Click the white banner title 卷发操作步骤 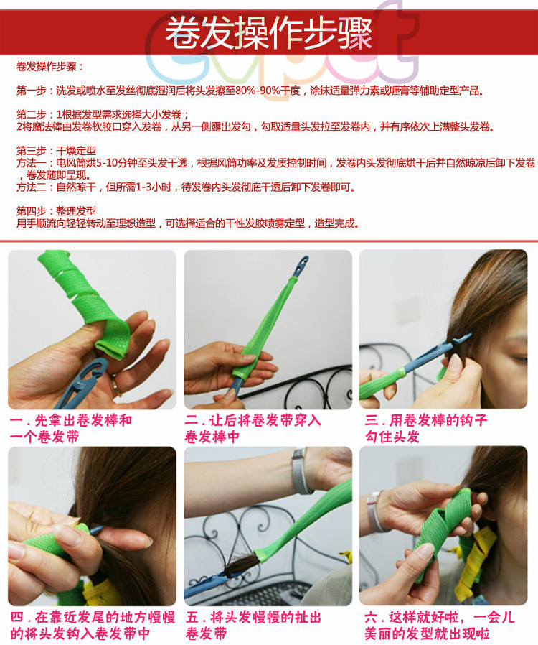pyautogui.click(x=269, y=32)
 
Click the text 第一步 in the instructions pyautogui.click(x=32, y=91)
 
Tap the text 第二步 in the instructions pyautogui.click(x=32, y=114)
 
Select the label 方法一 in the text pyautogui.click(x=32, y=163)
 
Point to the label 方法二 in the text pyautogui.click(x=32, y=187)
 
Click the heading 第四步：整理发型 pyautogui.click(x=56, y=211)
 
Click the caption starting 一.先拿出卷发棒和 pyautogui.click(x=70, y=428)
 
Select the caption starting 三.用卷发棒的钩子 pyautogui.click(x=426, y=428)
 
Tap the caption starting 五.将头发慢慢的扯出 pyautogui.click(x=253, y=625)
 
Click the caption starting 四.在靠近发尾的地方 pyautogui.click(x=93, y=625)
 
